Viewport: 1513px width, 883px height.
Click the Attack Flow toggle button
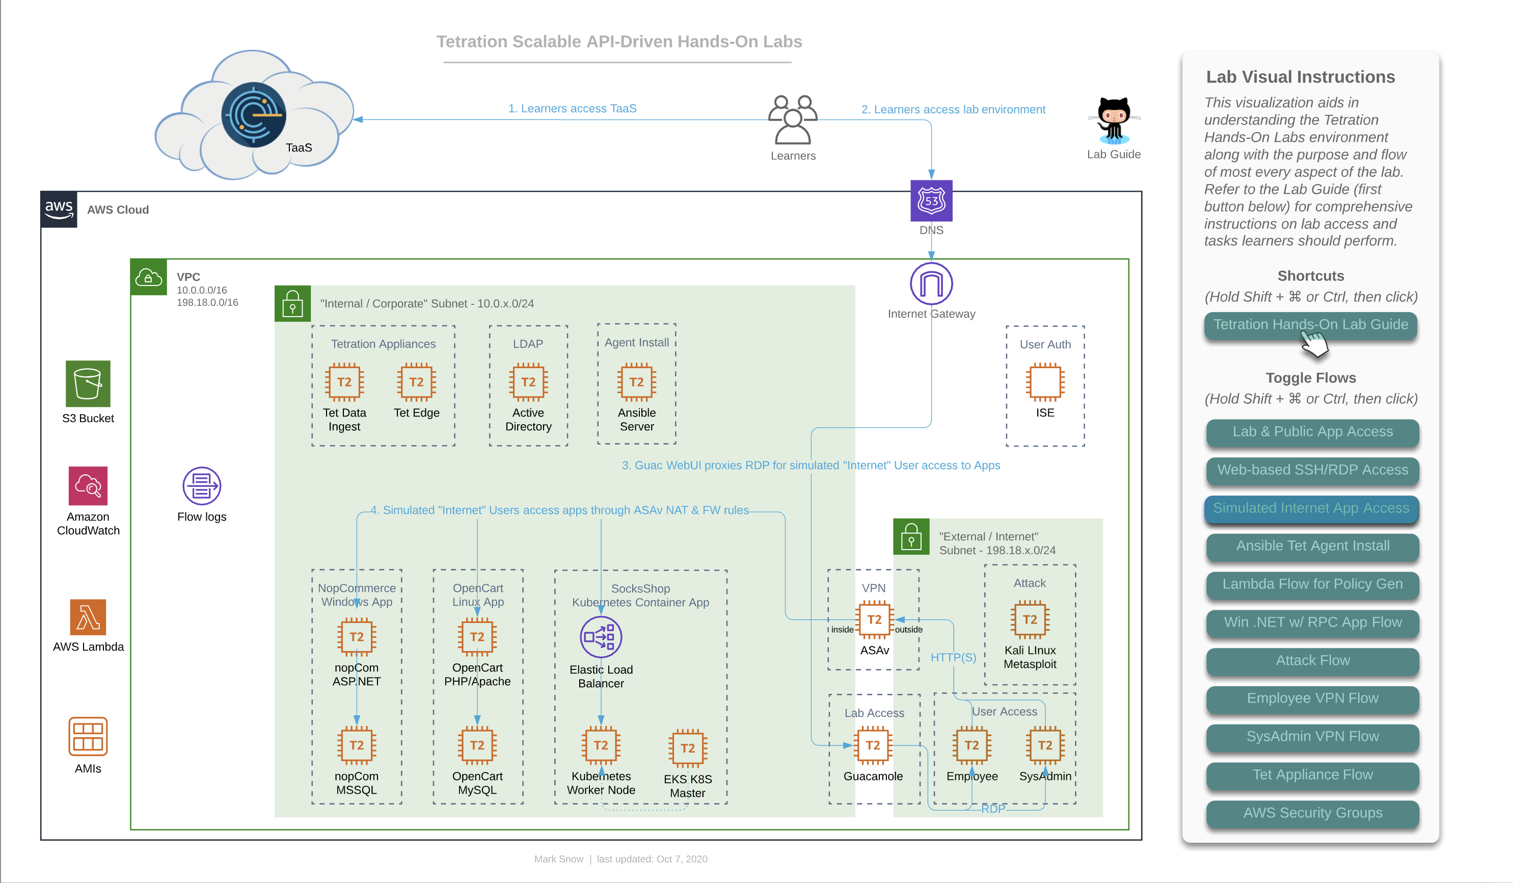(1312, 661)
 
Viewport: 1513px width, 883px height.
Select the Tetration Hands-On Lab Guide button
(1311, 325)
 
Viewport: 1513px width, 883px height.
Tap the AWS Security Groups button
(1312, 813)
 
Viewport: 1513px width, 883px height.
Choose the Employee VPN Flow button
(1312, 698)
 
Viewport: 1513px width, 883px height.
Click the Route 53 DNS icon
(931, 201)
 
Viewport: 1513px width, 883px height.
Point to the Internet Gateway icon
(931, 283)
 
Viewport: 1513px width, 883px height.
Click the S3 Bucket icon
(88, 383)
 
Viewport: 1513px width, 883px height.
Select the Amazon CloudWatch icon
(88, 485)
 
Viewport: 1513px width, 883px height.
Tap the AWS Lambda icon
(88, 617)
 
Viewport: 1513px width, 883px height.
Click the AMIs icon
(88, 737)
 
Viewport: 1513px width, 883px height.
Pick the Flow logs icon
(202, 486)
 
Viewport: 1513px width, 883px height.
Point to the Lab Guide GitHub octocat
(1114, 121)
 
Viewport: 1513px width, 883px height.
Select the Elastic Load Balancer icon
(601, 637)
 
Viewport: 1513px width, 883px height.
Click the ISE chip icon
(1045, 382)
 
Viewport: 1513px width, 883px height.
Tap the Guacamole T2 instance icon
(873, 745)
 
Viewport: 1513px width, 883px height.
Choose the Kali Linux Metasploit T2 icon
(1030, 619)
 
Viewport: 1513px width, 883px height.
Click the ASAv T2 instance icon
(874, 619)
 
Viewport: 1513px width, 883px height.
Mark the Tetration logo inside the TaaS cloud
(253, 115)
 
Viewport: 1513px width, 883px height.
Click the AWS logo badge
(59, 210)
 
